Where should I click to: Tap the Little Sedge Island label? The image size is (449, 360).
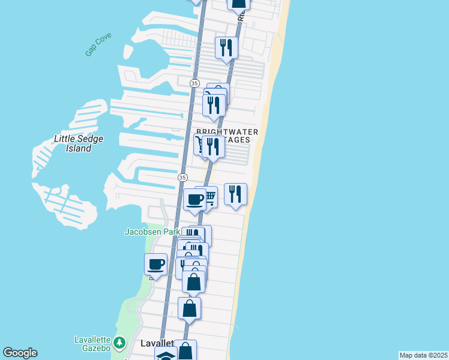[x=79, y=143]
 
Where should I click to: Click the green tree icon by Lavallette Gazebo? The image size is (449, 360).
[x=120, y=343]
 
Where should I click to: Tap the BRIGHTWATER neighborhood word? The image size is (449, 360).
[x=228, y=131]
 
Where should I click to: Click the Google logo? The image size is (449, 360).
[x=20, y=353]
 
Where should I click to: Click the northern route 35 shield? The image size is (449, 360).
[x=194, y=83]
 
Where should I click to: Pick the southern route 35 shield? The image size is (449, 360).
[x=182, y=178]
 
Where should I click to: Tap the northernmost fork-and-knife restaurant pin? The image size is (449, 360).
[x=226, y=47]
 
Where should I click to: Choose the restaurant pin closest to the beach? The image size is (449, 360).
[x=235, y=194]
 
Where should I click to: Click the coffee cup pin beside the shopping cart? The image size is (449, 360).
[x=194, y=199]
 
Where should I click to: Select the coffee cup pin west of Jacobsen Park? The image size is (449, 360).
[x=155, y=264]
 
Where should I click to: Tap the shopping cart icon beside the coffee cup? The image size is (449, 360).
[x=209, y=196]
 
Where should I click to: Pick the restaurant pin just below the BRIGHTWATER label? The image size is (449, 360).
[x=213, y=146]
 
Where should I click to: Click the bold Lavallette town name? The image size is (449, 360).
[x=157, y=344]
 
